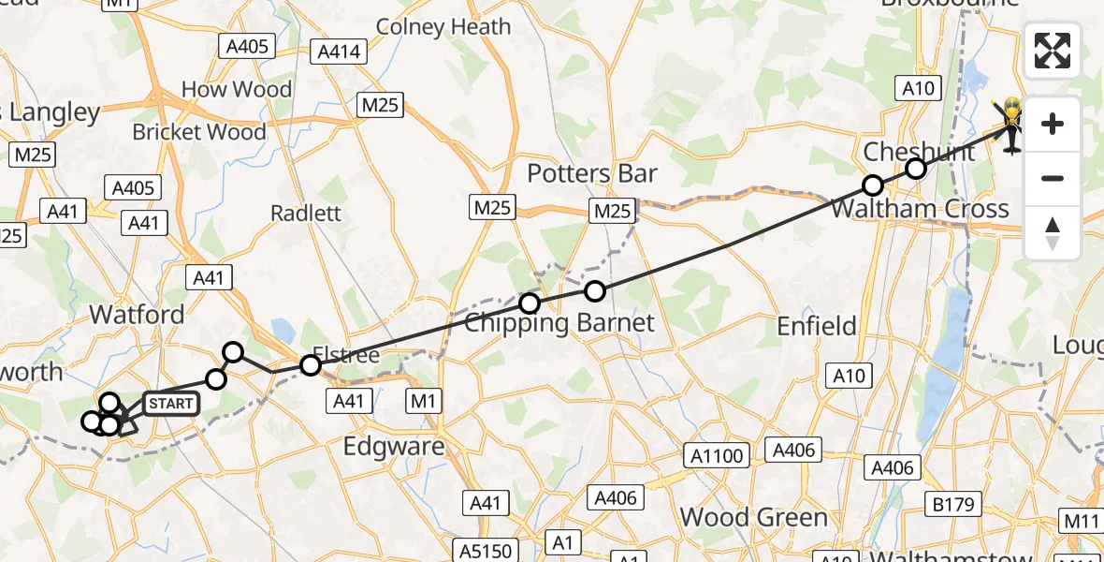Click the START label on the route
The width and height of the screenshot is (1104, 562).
tap(171, 405)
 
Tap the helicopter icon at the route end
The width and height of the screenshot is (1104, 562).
tap(1011, 126)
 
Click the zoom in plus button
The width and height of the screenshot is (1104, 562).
tap(1053, 124)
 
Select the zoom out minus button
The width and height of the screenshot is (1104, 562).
tap(1053, 178)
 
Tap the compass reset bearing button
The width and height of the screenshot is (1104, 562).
tap(1053, 232)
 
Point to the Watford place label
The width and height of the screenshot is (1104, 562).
tap(138, 314)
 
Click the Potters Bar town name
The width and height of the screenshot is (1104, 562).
tap(592, 173)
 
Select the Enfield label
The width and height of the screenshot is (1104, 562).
tap(817, 326)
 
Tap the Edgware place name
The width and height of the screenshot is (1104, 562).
tap(394, 446)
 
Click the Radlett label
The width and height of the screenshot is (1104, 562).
tap(306, 213)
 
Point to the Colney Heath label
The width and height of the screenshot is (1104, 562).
tap(443, 27)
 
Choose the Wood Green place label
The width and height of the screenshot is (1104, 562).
tap(754, 517)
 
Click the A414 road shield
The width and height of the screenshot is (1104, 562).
tap(339, 52)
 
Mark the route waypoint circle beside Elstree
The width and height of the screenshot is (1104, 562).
tap(311, 365)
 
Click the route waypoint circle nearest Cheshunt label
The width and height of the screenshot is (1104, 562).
tap(916, 169)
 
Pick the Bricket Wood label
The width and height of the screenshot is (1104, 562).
tap(199, 132)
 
